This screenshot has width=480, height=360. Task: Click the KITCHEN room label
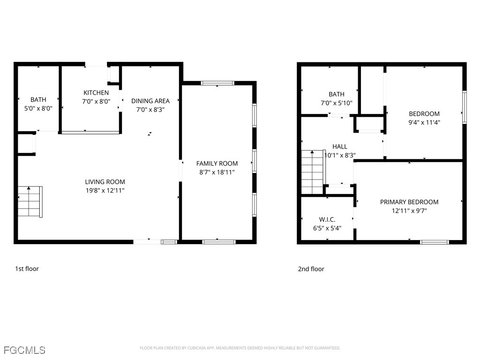pyautogui.click(x=96, y=93)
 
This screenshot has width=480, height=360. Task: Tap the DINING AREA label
pyautogui.click(x=150, y=101)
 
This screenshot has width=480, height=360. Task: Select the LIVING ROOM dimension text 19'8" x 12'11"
pyautogui.click(x=105, y=190)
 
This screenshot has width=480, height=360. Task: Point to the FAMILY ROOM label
pyautogui.click(x=217, y=164)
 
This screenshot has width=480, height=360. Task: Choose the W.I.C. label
pyautogui.click(x=327, y=219)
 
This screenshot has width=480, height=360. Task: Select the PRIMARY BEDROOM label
pyautogui.click(x=409, y=202)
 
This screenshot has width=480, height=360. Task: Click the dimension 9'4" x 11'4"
pyautogui.click(x=424, y=122)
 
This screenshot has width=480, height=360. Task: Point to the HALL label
pyautogui.click(x=339, y=147)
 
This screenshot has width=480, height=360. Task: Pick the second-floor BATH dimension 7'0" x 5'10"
pyautogui.click(x=336, y=103)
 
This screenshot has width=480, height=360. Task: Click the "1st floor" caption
pyautogui.click(x=27, y=269)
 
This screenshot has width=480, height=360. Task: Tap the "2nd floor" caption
pyautogui.click(x=311, y=269)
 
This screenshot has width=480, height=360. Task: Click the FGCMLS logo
pyautogui.click(x=24, y=350)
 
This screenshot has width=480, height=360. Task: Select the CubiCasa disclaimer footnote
pyautogui.click(x=240, y=348)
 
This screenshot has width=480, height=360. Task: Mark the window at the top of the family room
pyautogui.click(x=217, y=83)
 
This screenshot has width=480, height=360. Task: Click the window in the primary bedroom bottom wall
pyautogui.click(x=434, y=242)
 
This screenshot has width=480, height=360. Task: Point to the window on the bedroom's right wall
pyautogui.click(x=465, y=107)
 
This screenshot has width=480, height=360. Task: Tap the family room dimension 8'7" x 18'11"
pyautogui.click(x=217, y=172)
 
